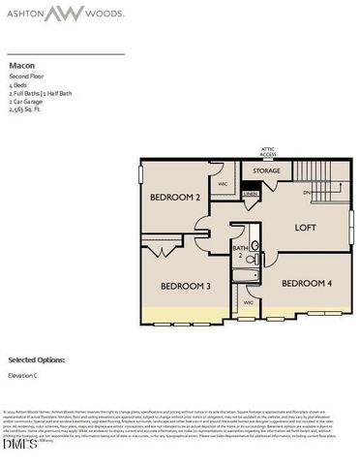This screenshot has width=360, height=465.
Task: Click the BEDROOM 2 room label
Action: click(x=175, y=198)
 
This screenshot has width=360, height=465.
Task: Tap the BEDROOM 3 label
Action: click(x=186, y=286)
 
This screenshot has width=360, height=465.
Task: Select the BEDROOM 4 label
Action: click(x=307, y=283)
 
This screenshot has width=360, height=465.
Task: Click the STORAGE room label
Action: click(x=267, y=171)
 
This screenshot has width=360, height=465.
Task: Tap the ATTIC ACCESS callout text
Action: click(x=268, y=151)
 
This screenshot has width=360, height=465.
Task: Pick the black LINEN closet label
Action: click(x=251, y=194)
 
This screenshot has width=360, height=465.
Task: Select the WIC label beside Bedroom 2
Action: click(x=222, y=183)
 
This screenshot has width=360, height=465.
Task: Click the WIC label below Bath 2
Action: click(x=248, y=302)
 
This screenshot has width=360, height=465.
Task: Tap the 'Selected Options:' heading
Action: click(x=37, y=358)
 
